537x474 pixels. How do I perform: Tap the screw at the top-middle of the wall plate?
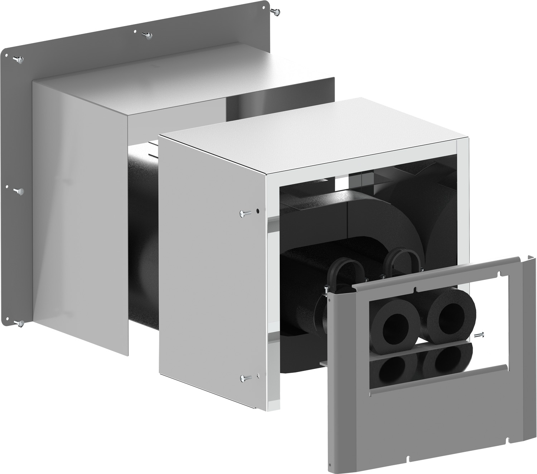tap(146, 35)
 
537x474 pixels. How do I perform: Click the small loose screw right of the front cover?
tap(479, 335)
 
